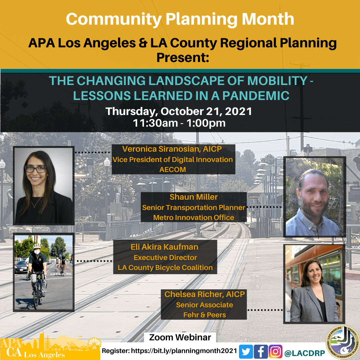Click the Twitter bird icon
(x=246, y=352)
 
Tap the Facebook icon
(x=261, y=352)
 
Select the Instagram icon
(x=275, y=352)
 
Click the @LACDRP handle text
(x=305, y=353)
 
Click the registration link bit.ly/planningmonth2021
(x=184, y=351)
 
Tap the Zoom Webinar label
(x=180, y=337)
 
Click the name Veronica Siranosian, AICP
(x=172, y=149)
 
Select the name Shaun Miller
(x=194, y=197)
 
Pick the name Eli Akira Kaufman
(x=164, y=247)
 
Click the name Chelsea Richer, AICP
(x=205, y=294)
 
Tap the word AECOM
(x=173, y=169)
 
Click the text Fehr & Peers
(x=205, y=315)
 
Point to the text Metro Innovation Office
(x=194, y=217)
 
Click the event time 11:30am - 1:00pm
(x=179, y=123)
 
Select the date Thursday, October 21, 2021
(x=179, y=111)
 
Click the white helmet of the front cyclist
(x=37, y=246)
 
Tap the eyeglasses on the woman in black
(x=36, y=169)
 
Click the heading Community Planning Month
(x=180, y=19)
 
